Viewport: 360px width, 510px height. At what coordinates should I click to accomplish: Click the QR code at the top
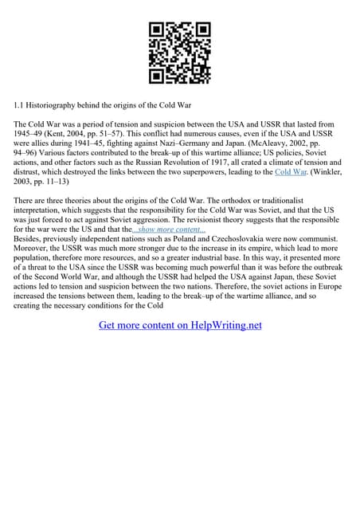[x=180, y=53]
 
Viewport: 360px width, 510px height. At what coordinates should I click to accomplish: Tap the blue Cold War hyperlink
[x=290, y=171]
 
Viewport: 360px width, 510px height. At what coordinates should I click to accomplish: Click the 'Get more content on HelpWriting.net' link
[x=180, y=325]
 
